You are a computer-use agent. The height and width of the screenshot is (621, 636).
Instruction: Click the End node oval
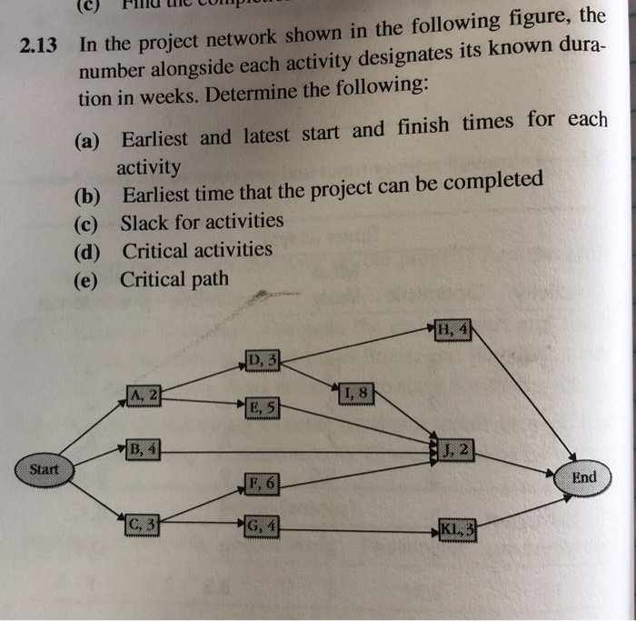coord(585,477)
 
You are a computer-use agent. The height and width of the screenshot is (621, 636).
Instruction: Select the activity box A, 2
coord(144,395)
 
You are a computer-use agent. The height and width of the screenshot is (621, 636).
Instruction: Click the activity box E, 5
coord(262,407)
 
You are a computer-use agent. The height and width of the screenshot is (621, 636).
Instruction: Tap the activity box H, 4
coord(452,329)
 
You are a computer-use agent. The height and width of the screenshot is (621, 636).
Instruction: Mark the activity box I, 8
coord(355,394)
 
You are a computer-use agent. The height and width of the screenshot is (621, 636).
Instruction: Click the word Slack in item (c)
coord(145,222)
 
